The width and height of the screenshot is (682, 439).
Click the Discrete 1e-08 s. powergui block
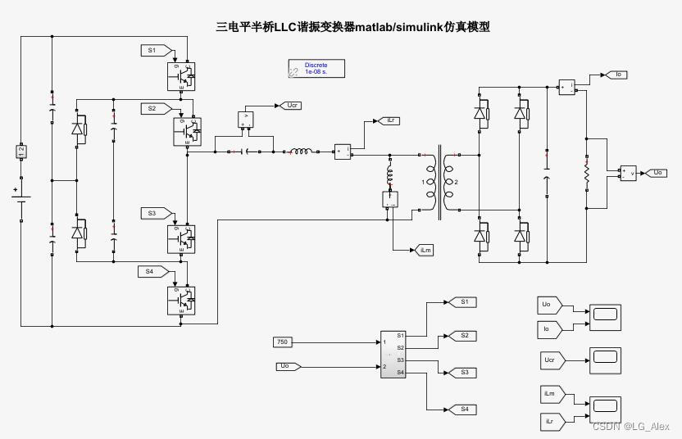pos(316,68)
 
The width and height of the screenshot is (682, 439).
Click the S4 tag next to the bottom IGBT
pos(152,271)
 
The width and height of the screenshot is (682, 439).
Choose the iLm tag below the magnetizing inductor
pos(425,249)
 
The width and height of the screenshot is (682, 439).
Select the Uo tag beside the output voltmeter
pos(657,173)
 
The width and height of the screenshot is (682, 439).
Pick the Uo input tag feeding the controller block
pos(287,366)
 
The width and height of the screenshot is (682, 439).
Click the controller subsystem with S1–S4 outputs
pos(394,354)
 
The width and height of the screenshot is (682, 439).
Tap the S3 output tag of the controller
pos(462,372)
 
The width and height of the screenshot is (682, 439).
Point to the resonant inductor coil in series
pos(300,151)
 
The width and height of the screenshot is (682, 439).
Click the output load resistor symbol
pos(586,174)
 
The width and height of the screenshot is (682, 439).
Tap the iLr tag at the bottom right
pos(550,421)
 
